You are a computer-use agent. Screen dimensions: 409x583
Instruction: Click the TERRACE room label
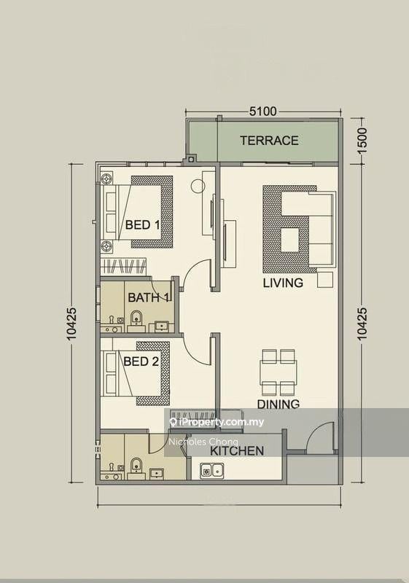click(x=269, y=141)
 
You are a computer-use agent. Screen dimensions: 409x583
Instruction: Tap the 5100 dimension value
click(x=263, y=111)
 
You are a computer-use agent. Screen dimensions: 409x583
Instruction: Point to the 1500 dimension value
click(x=362, y=140)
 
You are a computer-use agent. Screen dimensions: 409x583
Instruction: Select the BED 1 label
click(x=142, y=224)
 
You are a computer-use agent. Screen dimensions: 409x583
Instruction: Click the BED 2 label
click(x=141, y=361)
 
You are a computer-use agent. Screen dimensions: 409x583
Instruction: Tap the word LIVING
click(x=283, y=283)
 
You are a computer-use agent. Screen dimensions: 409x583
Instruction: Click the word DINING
click(x=278, y=404)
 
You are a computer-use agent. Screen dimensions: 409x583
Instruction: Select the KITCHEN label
click(x=237, y=451)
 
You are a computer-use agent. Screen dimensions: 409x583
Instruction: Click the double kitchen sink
click(x=212, y=471)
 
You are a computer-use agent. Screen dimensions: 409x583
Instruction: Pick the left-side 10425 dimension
click(x=71, y=324)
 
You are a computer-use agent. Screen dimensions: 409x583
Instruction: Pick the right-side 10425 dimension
click(x=362, y=324)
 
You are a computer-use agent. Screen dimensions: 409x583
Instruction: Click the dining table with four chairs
click(x=278, y=372)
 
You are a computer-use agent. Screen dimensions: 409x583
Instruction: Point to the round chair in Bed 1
click(x=198, y=186)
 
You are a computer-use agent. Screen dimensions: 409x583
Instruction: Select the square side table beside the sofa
click(x=325, y=280)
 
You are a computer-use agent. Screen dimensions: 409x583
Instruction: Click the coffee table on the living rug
click(x=290, y=240)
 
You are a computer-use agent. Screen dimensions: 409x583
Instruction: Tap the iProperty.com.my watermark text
click(x=217, y=422)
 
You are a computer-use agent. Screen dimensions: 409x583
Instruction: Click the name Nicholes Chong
click(x=203, y=442)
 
